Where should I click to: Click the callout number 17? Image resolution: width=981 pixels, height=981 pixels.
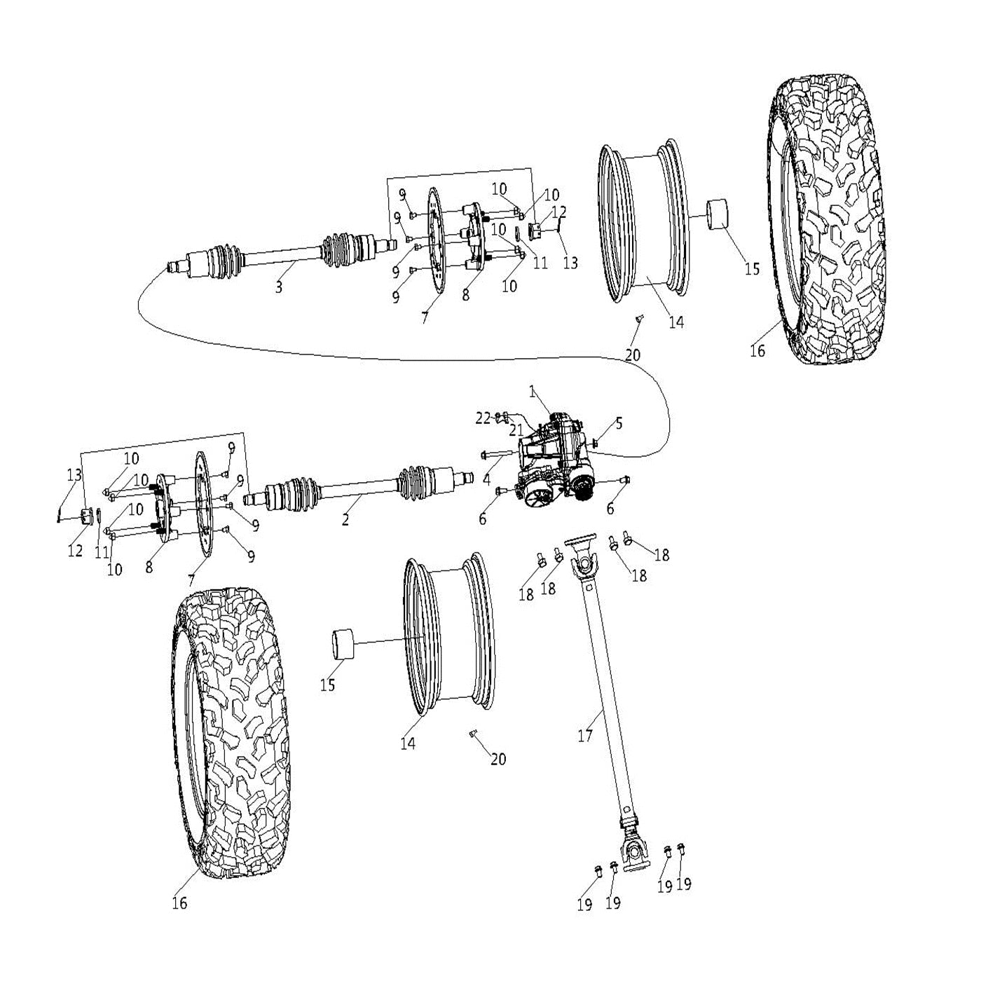point(585,736)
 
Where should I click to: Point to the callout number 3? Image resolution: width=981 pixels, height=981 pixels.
point(279,287)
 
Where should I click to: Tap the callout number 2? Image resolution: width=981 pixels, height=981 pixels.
point(345,519)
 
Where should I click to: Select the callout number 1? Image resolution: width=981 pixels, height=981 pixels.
point(533,392)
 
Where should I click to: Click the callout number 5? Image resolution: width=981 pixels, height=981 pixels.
point(619,423)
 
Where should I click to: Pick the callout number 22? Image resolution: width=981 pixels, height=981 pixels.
point(483,418)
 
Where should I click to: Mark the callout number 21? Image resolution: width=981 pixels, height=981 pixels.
point(516,430)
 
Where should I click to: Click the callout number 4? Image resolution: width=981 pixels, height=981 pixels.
point(486,479)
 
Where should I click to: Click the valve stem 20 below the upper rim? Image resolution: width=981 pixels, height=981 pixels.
point(639,320)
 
